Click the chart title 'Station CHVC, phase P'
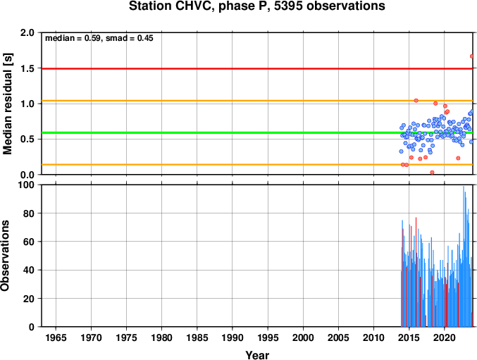click(201, 6)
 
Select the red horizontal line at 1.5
click(257, 69)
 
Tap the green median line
click(257, 132)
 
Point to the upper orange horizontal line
click(257, 101)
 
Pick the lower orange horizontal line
click(257, 164)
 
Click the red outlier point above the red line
click(472, 56)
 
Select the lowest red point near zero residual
click(432, 173)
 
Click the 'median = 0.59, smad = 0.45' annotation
click(99, 38)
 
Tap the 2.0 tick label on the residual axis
click(27, 32)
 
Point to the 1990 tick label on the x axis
click(233, 337)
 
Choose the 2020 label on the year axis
click(445, 337)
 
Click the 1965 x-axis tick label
click(56, 337)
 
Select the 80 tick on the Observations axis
click(29, 213)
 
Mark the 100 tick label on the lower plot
click(27, 185)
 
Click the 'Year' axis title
click(257, 355)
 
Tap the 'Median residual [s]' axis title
click(7, 104)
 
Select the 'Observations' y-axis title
click(5, 256)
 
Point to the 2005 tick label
click(338, 337)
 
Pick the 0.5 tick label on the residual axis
click(27, 139)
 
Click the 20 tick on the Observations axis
click(29, 298)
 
